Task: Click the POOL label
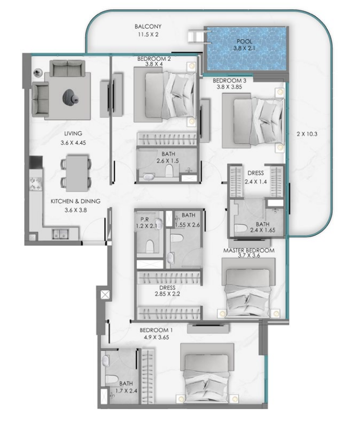tap(244, 41)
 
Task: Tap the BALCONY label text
tap(148, 27)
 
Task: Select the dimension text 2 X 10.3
tap(307, 134)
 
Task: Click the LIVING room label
tap(73, 134)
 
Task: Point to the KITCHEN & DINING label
tap(76, 201)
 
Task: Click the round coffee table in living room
tap(70, 97)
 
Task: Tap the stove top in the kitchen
tap(36, 184)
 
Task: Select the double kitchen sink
tap(60, 234)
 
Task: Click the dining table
tap(77, 173)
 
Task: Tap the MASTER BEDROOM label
tap(248, 250)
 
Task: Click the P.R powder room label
tap(144, 220)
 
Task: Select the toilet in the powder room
tap(150, 246)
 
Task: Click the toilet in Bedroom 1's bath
tap(112, 379)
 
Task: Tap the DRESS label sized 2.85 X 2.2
tap(167, 288)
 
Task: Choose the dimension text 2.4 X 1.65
tap(263, 230)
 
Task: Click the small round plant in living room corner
tap(37, 73)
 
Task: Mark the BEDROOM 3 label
tap(229, 81)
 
